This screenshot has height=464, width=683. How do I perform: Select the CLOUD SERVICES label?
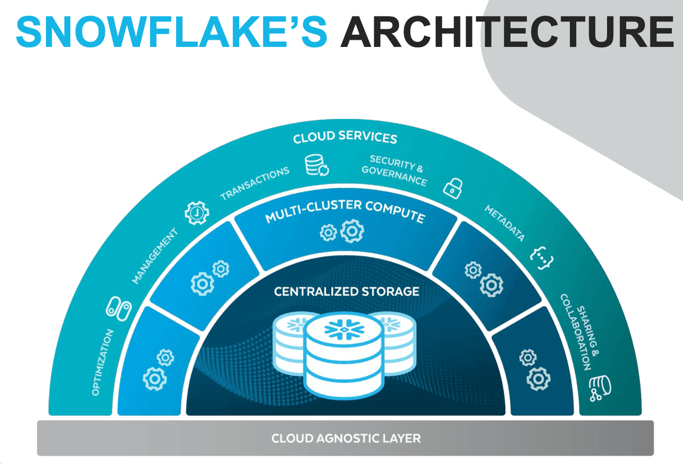point(345,137)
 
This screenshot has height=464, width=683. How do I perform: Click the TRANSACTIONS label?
point(255,182)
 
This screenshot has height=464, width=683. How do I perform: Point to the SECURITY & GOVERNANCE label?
point(395,170)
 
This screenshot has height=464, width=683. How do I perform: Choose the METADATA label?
point(504,223)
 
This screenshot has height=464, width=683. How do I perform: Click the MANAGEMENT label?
point(154,256)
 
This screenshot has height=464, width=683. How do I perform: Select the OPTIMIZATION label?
point(102,362)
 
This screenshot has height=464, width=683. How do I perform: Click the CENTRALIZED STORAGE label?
point(346,292)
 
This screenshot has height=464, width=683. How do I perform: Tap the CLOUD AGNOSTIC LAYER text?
point(346,438)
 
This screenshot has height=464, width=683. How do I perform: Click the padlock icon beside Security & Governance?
point(453,187)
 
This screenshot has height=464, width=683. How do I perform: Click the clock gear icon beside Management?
point(196,213)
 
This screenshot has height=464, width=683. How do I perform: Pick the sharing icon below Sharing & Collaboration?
point(600,388)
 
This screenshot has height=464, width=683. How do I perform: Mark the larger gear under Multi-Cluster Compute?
point(352,231)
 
